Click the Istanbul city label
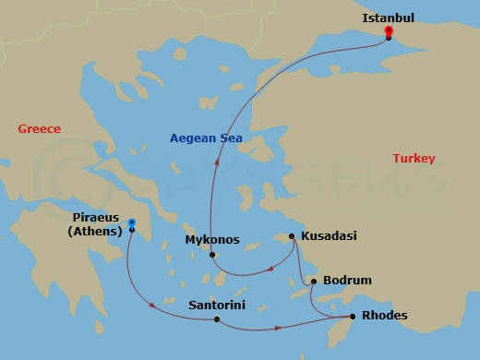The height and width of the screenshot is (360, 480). click(x=388, y=17)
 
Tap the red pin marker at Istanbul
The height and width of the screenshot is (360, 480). click(x=390, y=32)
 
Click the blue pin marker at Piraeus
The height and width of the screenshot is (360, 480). click(x=132, y=223)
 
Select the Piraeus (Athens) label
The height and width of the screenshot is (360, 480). click(x=94, y=224)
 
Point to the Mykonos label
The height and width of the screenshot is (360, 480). click(x=211, y=240)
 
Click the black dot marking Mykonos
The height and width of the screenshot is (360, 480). click(x=212, y=255)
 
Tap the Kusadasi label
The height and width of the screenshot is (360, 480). click(x=328, y=236)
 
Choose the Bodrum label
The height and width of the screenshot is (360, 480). click(x=348, y=281)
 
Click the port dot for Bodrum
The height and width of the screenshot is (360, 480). click(x=314, y=282)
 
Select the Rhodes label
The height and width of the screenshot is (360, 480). click(x=385, y=316)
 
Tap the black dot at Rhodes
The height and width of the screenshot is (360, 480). click(x=351, y=317)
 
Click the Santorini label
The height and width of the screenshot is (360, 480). click(x=216, y=304)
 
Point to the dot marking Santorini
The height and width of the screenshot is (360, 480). click(x=216, y=320)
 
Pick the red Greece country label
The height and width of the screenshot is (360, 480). click(x=39, y=129)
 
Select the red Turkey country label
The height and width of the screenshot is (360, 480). click(x=414, y=159)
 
